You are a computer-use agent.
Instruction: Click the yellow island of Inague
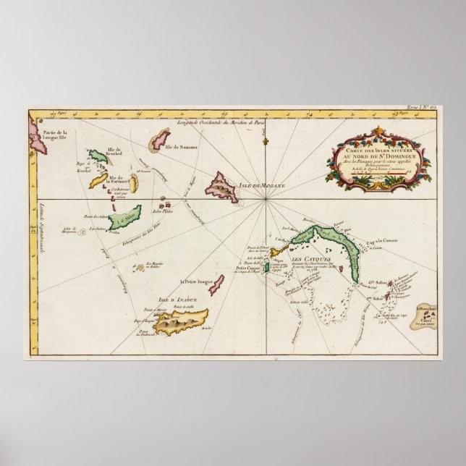[x=182, y=318]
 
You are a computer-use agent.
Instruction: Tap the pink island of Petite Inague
[x=216, y=284]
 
